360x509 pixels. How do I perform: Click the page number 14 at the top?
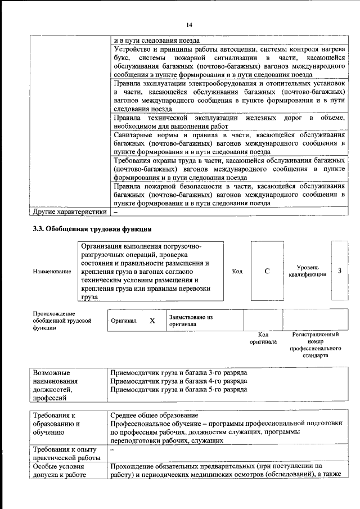[x=190, y=25]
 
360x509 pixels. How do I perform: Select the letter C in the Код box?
[x=267, y=271]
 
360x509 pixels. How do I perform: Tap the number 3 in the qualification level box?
[x=339, y=271]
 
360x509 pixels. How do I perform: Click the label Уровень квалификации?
[x=307, y=271]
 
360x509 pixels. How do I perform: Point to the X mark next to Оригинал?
[x=152, y=321]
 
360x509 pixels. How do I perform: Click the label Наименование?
[x=52, y=272]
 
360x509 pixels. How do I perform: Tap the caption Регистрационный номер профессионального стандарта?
[x=316, y=345]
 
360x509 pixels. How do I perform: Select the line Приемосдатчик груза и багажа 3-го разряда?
[x=179, y=372]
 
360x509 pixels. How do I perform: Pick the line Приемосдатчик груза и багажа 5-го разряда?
[x=179, y=389]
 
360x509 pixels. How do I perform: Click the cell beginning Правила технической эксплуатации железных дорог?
[x=228, y=122]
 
